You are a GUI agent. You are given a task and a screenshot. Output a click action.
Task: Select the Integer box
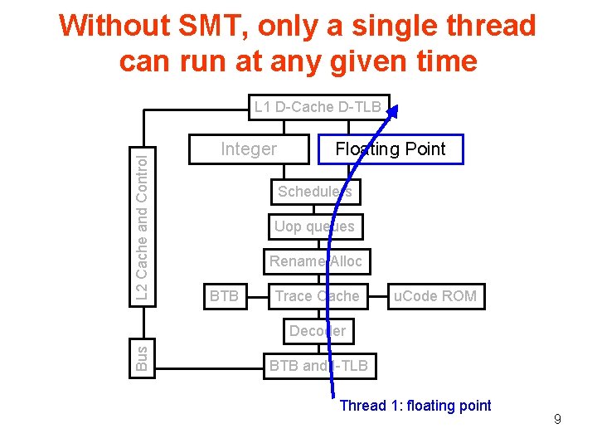click(249, 149)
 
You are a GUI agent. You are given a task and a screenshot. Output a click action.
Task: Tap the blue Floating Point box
click(390, 149)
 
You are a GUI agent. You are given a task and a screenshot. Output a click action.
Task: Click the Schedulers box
click(314, 192)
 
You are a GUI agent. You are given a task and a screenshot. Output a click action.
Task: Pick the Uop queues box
click(314, 226)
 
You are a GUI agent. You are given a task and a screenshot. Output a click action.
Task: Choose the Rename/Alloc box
click(315, 261)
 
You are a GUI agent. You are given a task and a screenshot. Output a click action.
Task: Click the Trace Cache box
click(317, 296)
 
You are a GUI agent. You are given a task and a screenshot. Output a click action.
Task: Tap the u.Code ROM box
click(435, 296)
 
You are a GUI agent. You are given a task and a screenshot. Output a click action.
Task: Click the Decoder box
click(317, 331)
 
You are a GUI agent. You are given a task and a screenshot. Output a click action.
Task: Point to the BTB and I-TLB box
click(318, 365)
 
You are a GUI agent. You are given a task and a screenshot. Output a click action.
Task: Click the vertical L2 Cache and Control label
click(143, 224)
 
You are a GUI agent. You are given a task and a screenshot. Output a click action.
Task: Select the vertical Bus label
click(142, 358)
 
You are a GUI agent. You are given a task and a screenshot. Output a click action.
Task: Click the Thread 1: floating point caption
click(415, 406)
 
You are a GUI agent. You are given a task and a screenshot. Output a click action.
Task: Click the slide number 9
click(557, 420)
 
